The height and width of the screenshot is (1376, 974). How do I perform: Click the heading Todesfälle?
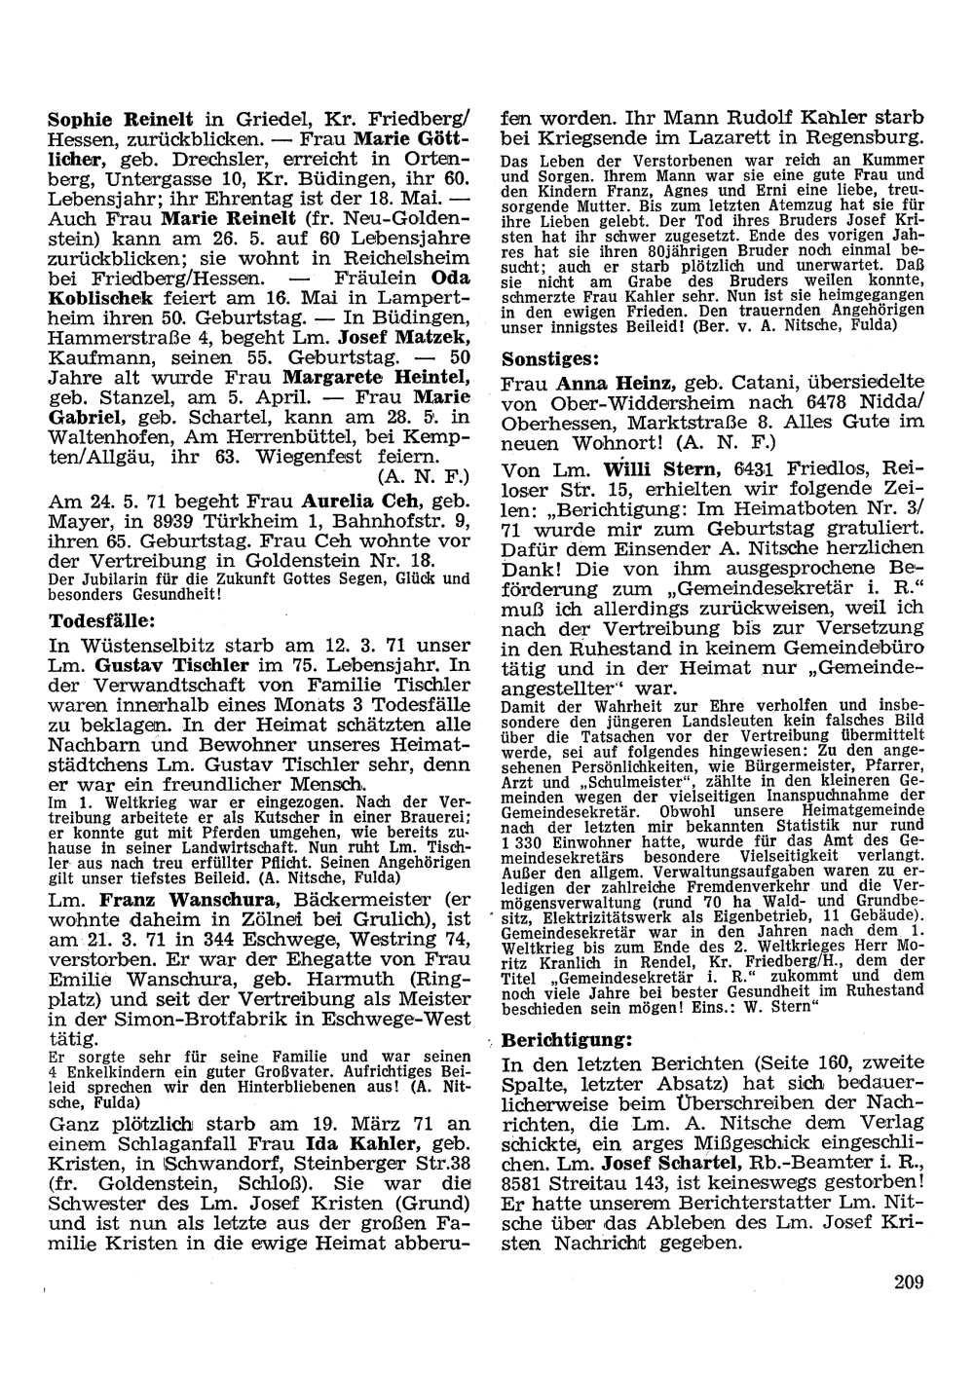102,619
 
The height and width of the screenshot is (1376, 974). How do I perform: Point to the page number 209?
908,1282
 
